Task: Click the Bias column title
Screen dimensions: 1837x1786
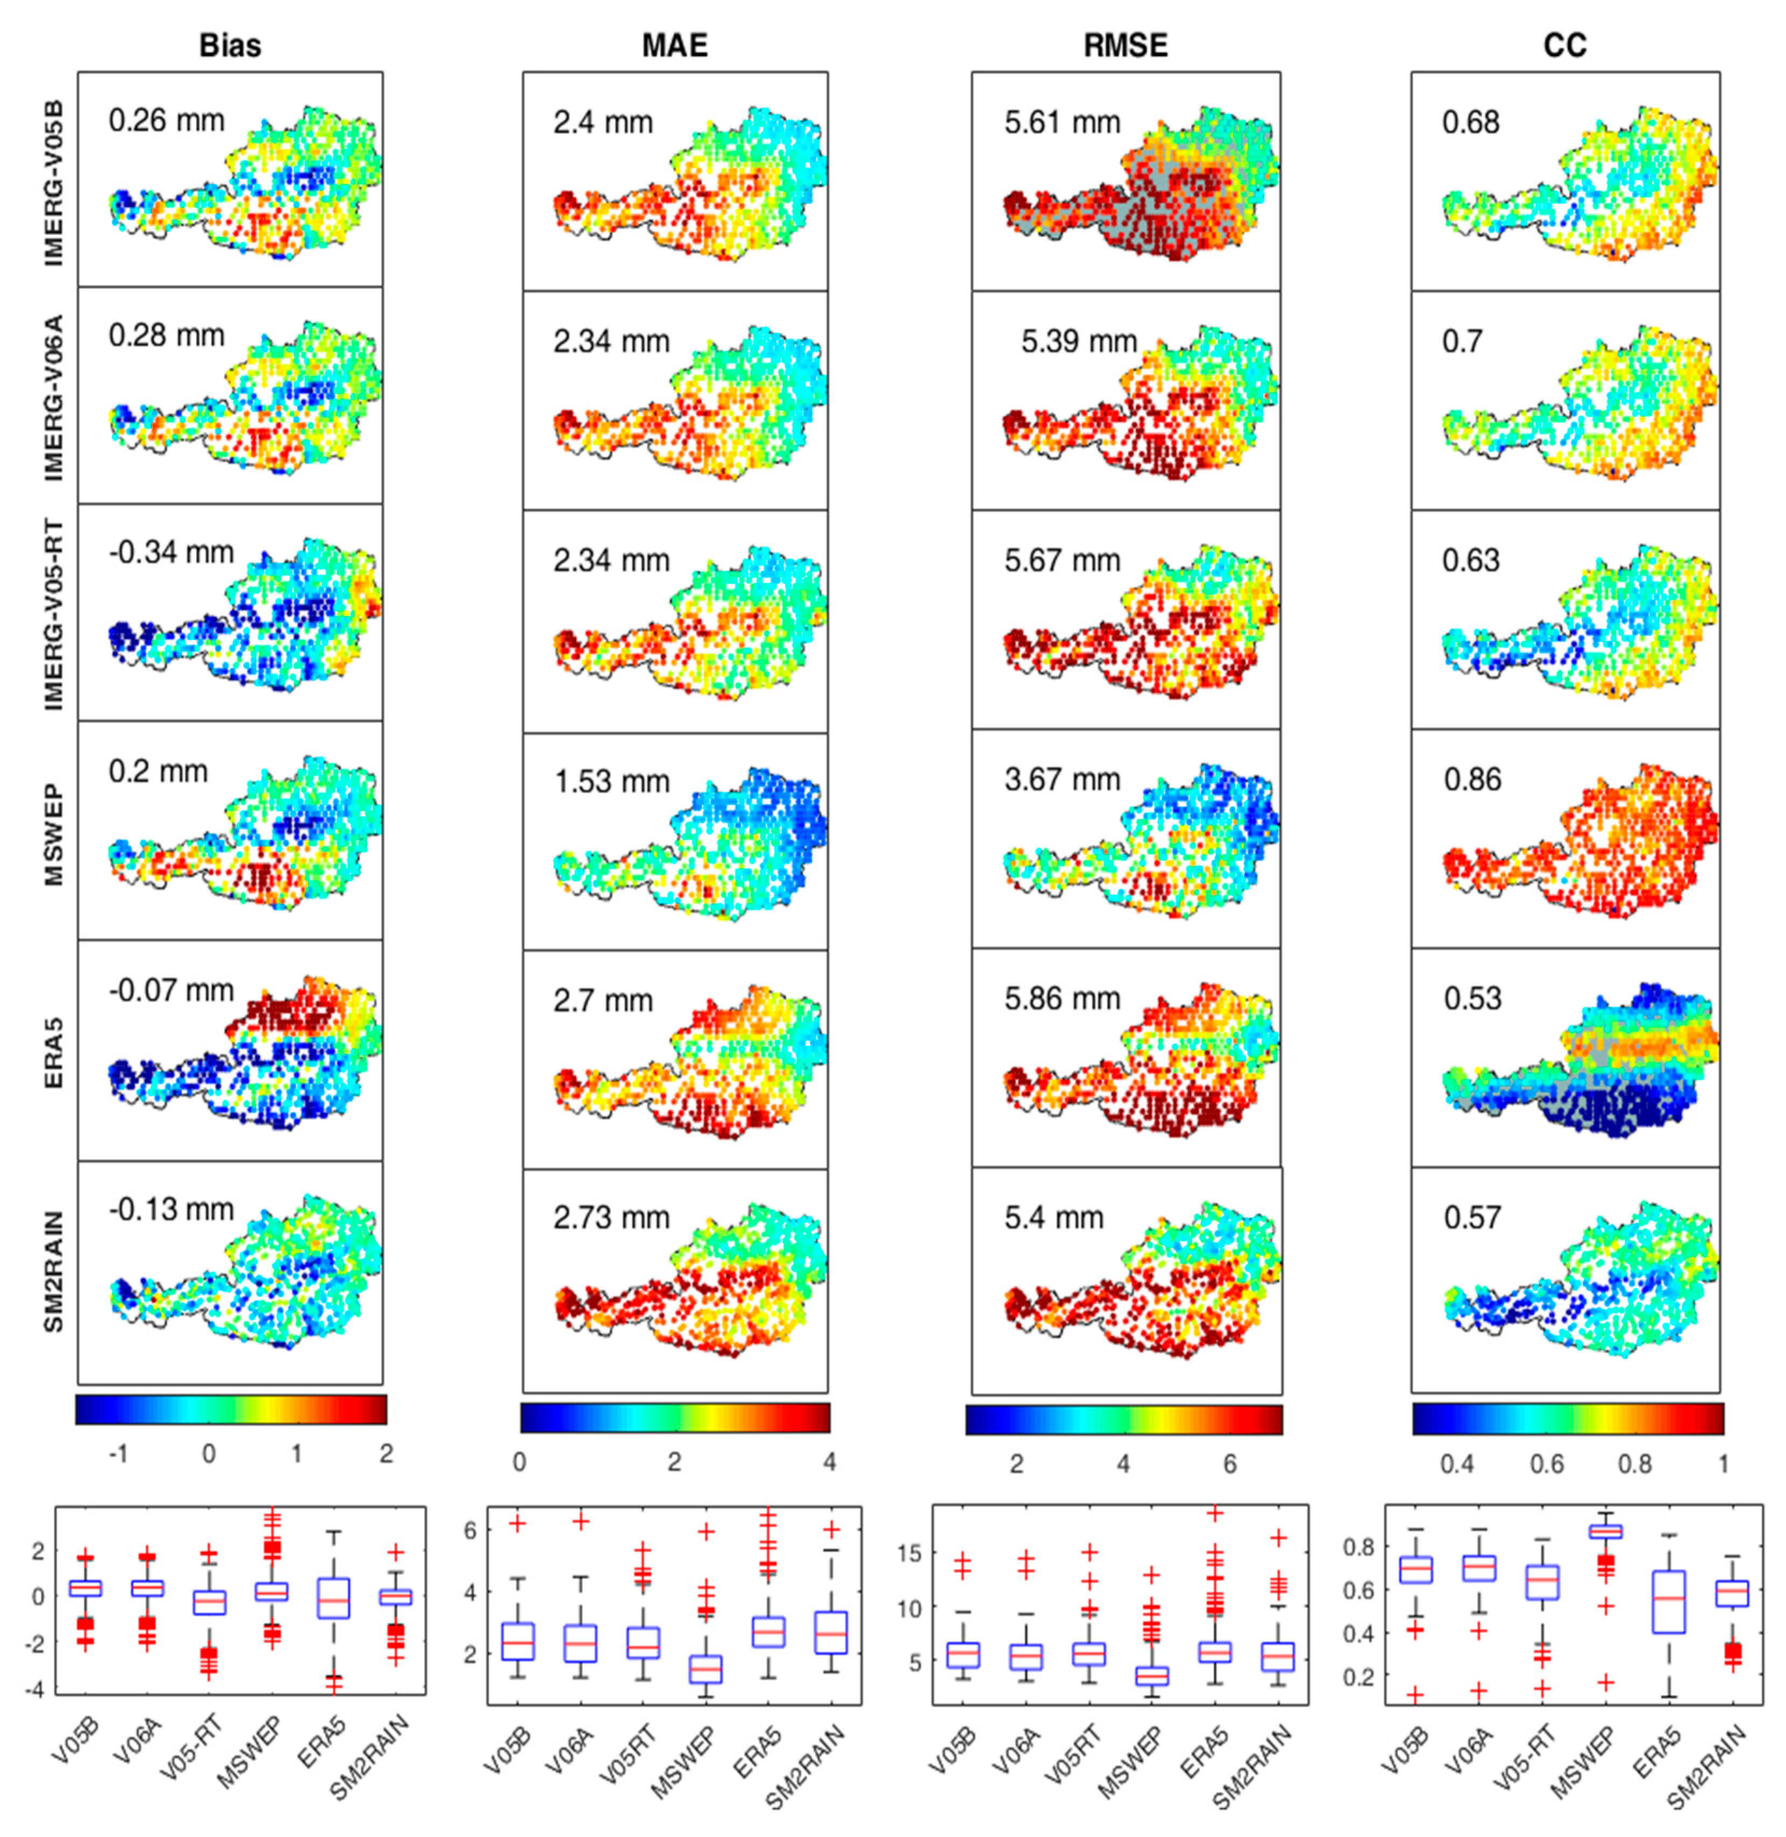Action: click(230, 46)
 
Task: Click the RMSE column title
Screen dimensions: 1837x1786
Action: click(1126, 46)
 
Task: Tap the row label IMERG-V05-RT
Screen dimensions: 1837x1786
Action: click(54, 617)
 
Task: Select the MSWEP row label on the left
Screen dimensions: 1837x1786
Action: click(54, 835)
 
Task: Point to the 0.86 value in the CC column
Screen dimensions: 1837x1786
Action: click(1472, 780)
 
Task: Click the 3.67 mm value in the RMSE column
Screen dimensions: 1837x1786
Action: click(1062, 780)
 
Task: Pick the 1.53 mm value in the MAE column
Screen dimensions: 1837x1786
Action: click(612, 781)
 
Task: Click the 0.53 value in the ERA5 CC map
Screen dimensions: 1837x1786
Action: click(1472, 998)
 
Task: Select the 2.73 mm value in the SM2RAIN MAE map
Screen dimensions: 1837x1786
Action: click(612, 1218)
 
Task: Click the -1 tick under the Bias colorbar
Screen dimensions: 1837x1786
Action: click(118, 1453)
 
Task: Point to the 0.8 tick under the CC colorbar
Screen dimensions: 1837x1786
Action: click(1635, 1464)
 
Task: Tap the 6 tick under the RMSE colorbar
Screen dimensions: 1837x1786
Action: click(1230, 1464)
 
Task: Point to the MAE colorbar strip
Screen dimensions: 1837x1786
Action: click(675, 1417)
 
